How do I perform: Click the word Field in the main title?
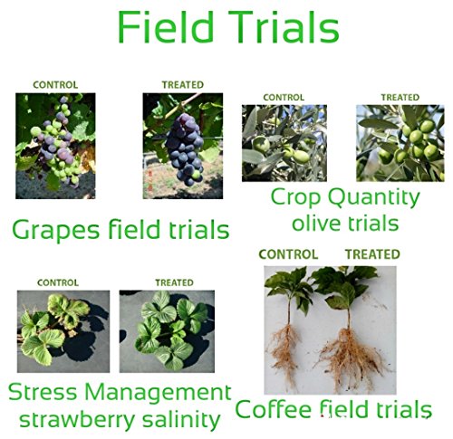click(x=166, y=26)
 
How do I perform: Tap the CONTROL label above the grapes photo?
click(x=55, y=85)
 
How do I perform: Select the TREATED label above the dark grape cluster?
click(x=183, y=85)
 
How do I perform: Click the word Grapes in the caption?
click(x=56, y=231)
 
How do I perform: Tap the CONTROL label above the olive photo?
click(x=284, y=98)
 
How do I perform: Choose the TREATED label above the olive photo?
click(x=400, y=98)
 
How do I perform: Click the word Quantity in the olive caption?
click(x=374, y=198)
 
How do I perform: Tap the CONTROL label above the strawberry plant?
click(x=58, y=282)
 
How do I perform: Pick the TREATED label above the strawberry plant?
click(x=174, y=282)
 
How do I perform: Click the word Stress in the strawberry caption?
click(x=43, y=392)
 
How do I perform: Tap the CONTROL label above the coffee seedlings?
click(x=288, y=254)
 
